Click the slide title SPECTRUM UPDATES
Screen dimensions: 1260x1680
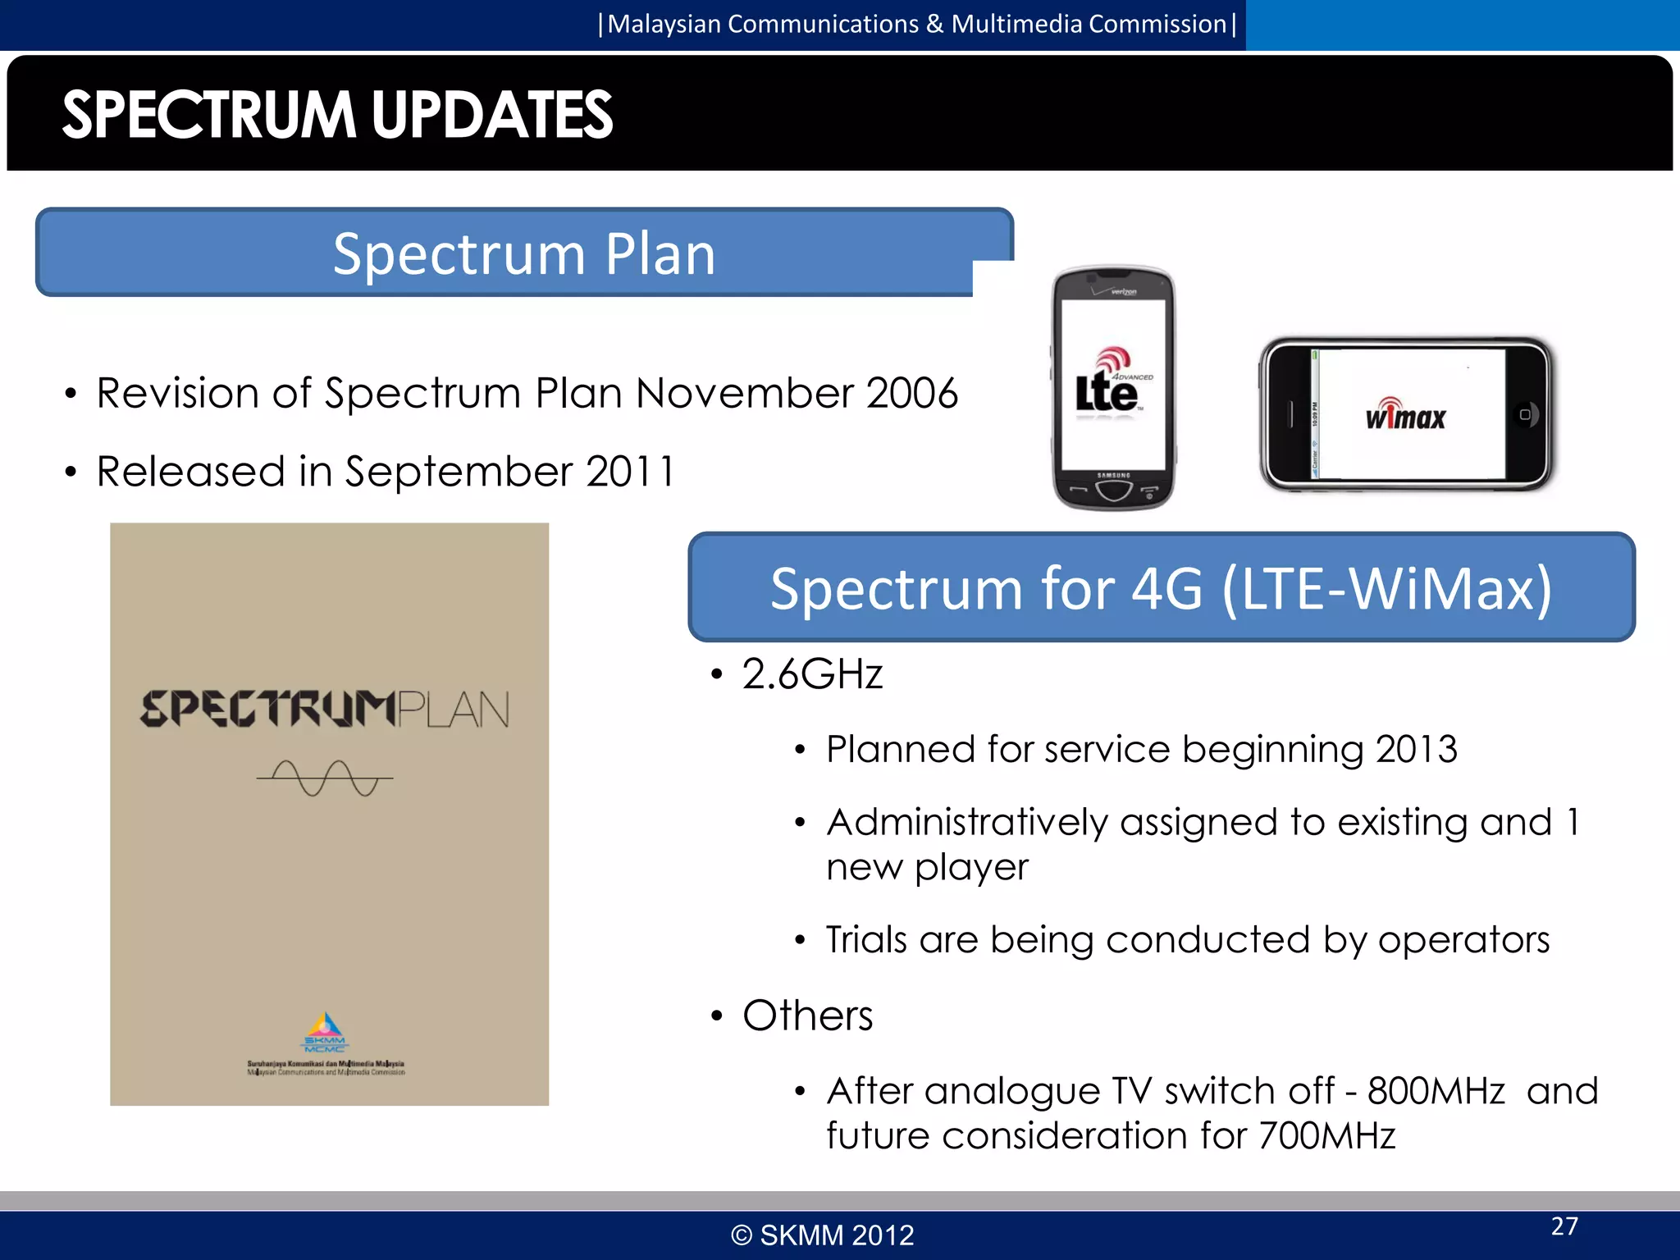coord(337,115)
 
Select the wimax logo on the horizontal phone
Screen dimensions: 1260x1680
coord(1405,415)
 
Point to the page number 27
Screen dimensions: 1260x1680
coord(1564,1226)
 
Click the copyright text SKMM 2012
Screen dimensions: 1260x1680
coord(823,1235)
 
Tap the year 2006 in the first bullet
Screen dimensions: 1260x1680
coord(912,393)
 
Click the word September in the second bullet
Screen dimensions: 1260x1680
coord(459,472)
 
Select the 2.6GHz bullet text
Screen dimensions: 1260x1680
coord(812,674)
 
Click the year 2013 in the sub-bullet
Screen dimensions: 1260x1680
coord(1417,749)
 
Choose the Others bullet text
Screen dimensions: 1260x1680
coord(808,1016)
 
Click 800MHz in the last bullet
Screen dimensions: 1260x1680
coord(1436,1091)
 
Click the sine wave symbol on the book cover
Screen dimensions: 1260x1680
coord(325,778)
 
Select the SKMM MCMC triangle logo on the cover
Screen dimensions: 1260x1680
coord(326,1032)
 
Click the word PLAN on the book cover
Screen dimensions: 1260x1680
coord(454,710)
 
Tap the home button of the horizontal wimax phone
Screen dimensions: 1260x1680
coord(1525,414)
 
